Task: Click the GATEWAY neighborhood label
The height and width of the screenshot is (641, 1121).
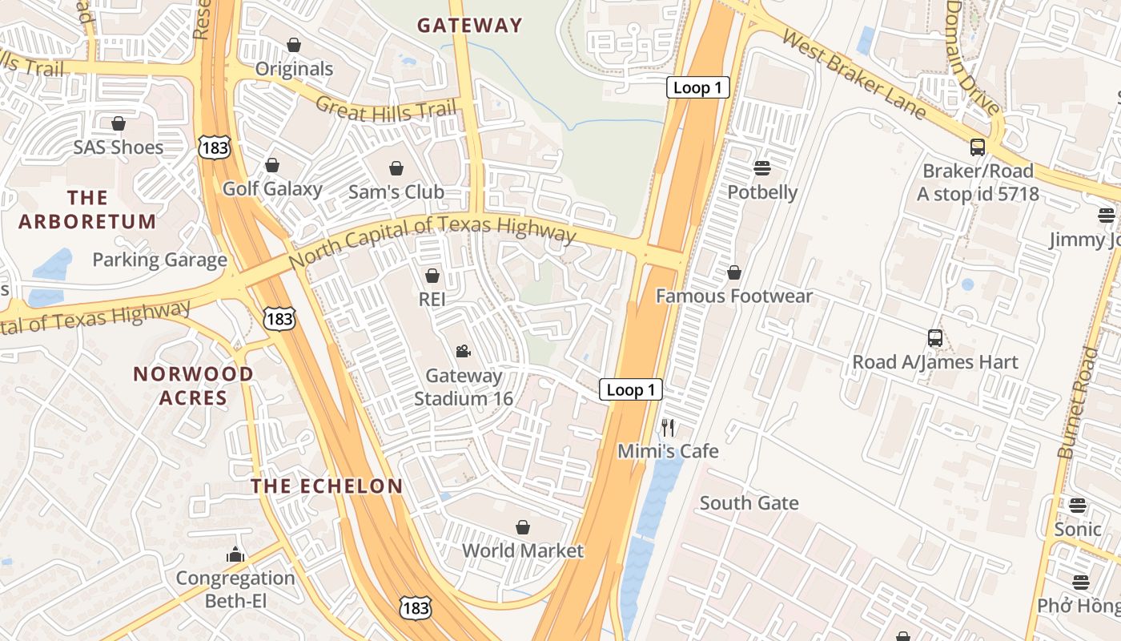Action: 469,26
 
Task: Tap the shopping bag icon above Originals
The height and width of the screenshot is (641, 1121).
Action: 294,45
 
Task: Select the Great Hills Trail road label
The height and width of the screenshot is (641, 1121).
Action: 385,109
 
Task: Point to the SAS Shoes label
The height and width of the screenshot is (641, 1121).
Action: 119,147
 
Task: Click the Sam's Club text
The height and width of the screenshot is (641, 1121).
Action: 396,192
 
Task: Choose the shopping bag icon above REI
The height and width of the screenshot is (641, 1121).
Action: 432,276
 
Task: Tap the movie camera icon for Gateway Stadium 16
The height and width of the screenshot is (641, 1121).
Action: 463,351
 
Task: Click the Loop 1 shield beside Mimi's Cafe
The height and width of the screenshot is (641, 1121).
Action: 631,390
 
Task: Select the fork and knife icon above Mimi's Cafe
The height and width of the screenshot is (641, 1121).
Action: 668,428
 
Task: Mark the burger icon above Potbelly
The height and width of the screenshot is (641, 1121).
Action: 761,168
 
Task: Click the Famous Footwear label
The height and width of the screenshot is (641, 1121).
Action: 734,296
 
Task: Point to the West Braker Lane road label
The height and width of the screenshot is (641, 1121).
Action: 854,74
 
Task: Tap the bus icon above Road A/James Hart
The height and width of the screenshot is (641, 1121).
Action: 934,338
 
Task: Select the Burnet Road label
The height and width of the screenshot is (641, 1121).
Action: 1079,402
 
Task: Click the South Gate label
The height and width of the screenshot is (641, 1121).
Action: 749,503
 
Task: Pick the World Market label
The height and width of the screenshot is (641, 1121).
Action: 523,551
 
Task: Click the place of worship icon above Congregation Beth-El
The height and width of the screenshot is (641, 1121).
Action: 235,554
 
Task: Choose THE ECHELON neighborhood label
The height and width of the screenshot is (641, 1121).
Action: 327,486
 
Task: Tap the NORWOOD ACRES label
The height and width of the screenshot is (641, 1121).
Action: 193,385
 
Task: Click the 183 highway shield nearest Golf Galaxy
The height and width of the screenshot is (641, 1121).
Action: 215,146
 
